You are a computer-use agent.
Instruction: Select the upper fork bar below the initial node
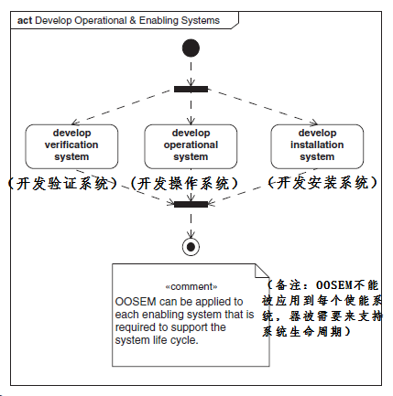pyautogui.click(x=191, y=89)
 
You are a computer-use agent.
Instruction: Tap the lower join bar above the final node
pyautogui.click(x=191, y=203)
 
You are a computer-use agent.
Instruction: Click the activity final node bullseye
pyautogui.click(x=191, y=245)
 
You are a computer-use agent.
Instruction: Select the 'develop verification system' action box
pyautogui.click(x=71, y=144)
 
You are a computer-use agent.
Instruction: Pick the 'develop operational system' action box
pyautogui.click(x=191, y=144)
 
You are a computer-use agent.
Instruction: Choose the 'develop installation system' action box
pyautogui.click(x=317, y=144)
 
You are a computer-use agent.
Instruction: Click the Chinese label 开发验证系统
pyautogui.click(x=62, y=183)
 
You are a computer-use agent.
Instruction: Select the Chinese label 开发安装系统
pyautogui.click(x=322, y=182)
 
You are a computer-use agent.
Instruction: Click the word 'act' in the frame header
pyautogui.click(x=25, y=20)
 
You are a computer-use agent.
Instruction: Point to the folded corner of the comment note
pyautogui.click(x=257, y=272)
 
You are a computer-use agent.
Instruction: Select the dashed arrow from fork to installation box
pyautogui.click(x=261, y=106)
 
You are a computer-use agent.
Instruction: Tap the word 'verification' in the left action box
pyautogui.click(x=71, y=144)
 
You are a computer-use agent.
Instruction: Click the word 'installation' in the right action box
pyautogui.click(x=318, y=144)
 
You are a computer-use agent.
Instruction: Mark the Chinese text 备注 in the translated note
pyautogui.click(x=289, y=283)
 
